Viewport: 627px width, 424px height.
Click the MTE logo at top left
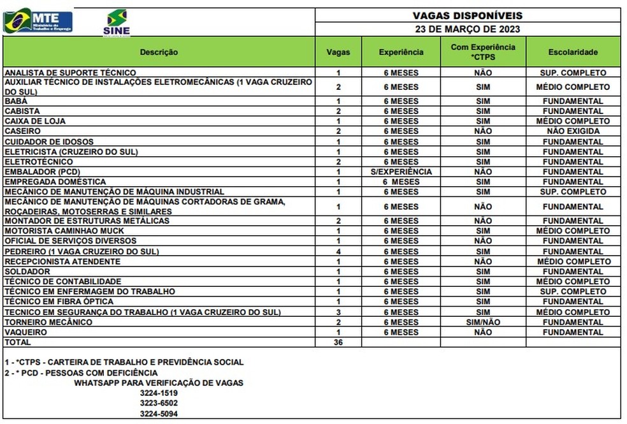pyautogui.click(x=38, y=21)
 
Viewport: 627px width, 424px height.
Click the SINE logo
pyautogui.click(x=116, y=23)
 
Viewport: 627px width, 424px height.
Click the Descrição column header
pyautogui.click(x=159, y=52)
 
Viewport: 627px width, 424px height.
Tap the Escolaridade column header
pyautogui.click(x=573, y=52)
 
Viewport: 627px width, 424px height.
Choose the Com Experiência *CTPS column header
pyautogui.click(x=483, y=52)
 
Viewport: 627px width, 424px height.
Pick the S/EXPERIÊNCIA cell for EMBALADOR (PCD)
pyautogui.click(x=401, y=172)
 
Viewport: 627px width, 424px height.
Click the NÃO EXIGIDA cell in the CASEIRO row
pyautogui.click(x=573, y=131)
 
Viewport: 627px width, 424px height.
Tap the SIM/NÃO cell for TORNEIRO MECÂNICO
pyautogui.click(x=483, y=322)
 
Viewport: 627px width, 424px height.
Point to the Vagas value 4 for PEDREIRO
pyautogui.click(x=339, y=251)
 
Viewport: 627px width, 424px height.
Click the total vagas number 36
pyautogui.click(x=339, y=342)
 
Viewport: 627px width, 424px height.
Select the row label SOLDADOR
pyautogui.click(x=27, y=271)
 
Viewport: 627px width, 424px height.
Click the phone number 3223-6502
pyautogui.click(x=159, y=403)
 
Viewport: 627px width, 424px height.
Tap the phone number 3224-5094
pyautogui.click(x=159, y=414)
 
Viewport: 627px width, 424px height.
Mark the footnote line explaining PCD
pyautogui.click(x=81, y=372)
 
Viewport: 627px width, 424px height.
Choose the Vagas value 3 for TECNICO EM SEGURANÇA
pyautogui.click(x=339, y=312)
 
